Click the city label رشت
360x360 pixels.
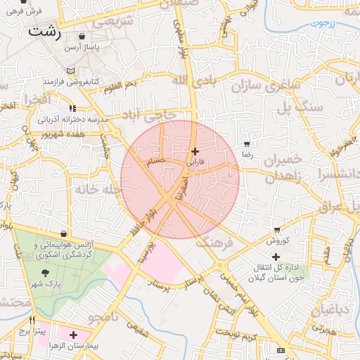pos(44,32)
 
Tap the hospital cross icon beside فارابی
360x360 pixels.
pos(195,151)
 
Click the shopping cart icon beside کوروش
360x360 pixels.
pos(278,230)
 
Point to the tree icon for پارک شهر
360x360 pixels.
pos(46,273)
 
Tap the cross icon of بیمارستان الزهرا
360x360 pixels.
pos(73,335)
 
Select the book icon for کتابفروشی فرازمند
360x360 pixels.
pos(70,71)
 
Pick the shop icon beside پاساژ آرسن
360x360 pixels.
pos(83,37)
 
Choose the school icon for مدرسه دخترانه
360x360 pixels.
pos(72,109)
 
